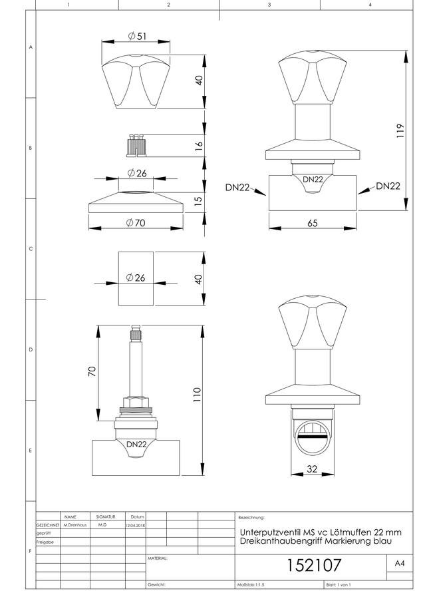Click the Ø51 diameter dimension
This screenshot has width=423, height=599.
[x=137, y=37]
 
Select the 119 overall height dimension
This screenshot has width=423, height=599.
[x=400, y=130]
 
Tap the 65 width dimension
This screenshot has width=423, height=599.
[x=313, y=223]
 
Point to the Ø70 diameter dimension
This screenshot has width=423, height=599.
[x=136, y=223]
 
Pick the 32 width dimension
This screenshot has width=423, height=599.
[x=312, y=469]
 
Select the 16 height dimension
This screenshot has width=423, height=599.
[x=198, y=146]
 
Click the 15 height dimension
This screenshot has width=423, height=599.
[x=198, y=201]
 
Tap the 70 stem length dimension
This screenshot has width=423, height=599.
[x=92, y=371]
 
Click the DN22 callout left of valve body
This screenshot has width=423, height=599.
[x=237, y=187]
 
